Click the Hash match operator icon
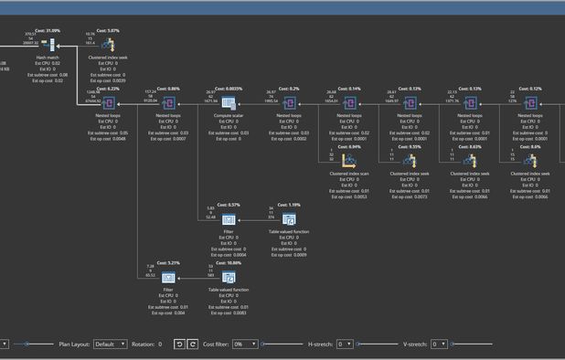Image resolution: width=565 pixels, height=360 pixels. (x=48, y=43)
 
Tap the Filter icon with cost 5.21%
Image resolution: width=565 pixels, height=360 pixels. (x=167, y=275)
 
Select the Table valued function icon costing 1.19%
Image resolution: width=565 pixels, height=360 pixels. (x=289, y=218)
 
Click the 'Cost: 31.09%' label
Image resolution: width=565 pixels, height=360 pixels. (x=48, y=30)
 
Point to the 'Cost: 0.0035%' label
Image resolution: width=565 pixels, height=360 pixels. (x=229, y=89)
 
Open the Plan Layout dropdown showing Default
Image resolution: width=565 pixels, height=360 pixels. (x=110, y=344)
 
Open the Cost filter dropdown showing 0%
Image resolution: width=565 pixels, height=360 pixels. (x=243, y=344)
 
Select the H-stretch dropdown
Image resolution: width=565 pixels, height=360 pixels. (x=345, y=344)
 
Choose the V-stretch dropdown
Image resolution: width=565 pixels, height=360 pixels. (x=439, y=344)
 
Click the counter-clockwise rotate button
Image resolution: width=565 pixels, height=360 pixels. (x=179, y=344)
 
